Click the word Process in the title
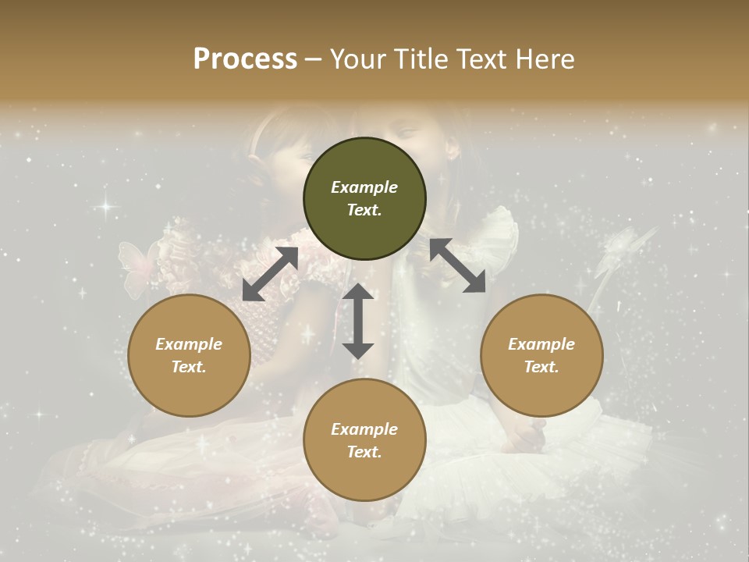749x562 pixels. (245, 59)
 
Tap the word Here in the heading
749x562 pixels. (544, 59)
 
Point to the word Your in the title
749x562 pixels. (359, 59)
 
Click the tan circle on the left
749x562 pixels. (189, 355)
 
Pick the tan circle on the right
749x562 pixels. (541, 355)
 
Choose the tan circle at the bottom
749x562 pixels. (364, 440)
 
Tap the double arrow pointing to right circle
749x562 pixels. (457, 265)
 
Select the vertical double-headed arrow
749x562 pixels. (358, 321)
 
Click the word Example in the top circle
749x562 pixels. (364, 187)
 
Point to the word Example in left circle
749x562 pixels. (189, 344)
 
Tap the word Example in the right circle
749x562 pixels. (541, 344)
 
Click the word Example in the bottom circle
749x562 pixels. (364, 429)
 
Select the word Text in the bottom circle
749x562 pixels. (364, 452)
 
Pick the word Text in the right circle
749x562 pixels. (541, 367)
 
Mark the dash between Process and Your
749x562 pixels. (313, 60)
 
